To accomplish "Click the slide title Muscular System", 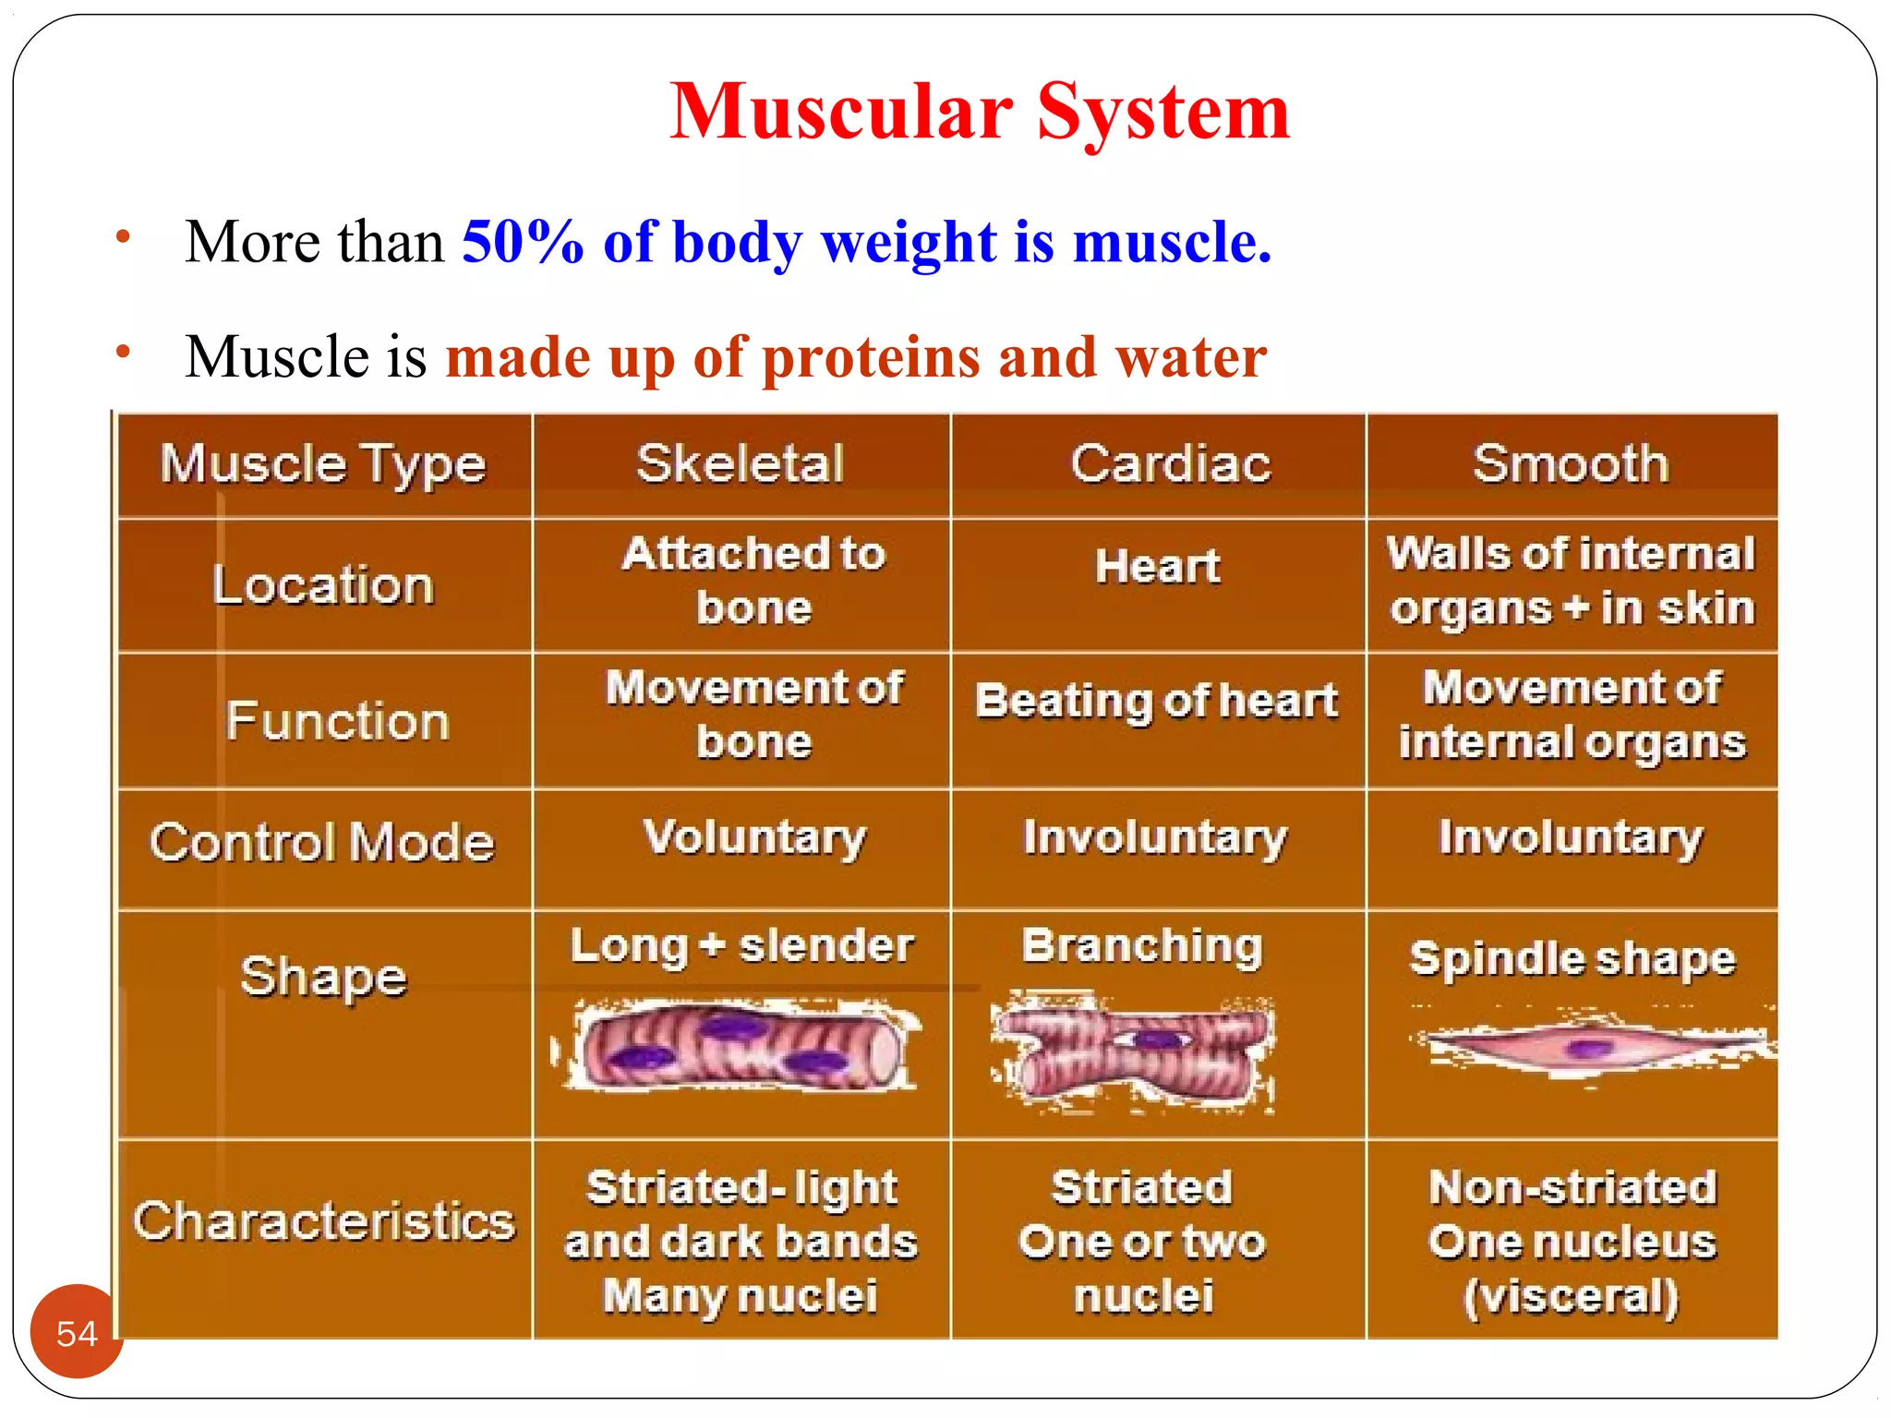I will pyautogui.click(x=979, y=112).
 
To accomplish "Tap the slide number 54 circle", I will pyautogui.click(x=77, y=1332).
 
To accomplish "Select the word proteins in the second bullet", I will pyautogui.click(x=871, y=357).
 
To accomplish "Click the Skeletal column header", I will pyautogui.click(x=741, y=463).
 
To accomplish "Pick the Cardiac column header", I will pyautogui.click(x=1170, y=463).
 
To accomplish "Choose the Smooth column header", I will pyautogui.click(x=1571, y=463).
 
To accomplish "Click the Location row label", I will pyautogui.click(x=323, y=585).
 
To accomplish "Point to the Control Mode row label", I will pyautogui.click(x=322, y=842).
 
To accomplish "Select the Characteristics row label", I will pyautogui.click(x=323, y=1220).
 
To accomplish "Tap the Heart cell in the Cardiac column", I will pyautogui.click(x=1158, y=566).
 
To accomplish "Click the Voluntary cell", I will pyautogui.click(x=754, y=837).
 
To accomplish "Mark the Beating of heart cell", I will pyautogui.click(x=1156, y=701).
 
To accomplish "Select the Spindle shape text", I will pyautogui.click(x=1572, y=959).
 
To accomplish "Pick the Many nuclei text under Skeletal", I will pyautogui.click(x=741, y=1295).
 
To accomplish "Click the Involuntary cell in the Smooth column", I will pyautogui.click(x=1571, y=837).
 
